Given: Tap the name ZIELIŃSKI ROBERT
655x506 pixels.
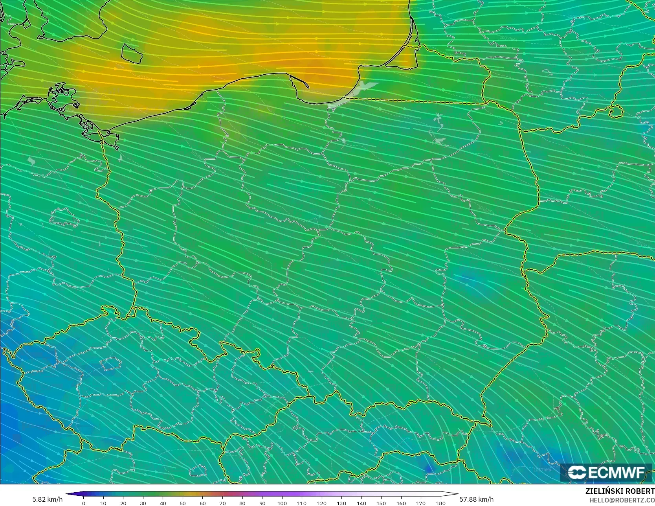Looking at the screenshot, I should [620, 491].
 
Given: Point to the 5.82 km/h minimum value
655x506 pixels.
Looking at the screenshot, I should [47, 499].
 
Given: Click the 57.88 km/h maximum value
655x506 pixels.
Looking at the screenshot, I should [476, 499].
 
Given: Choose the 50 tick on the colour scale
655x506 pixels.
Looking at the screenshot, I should [183, 503].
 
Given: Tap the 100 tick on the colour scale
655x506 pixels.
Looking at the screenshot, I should [282, 503].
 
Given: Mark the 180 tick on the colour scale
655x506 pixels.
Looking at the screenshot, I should [440, 503].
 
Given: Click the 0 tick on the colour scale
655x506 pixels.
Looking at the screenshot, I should [84, 503].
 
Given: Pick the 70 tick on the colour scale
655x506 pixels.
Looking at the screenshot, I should [222, 503].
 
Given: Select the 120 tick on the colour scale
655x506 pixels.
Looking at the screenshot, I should [321, 503].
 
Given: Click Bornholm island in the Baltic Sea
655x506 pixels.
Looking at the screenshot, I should [131, 54].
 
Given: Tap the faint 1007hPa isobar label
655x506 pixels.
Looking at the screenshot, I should [508, 38].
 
